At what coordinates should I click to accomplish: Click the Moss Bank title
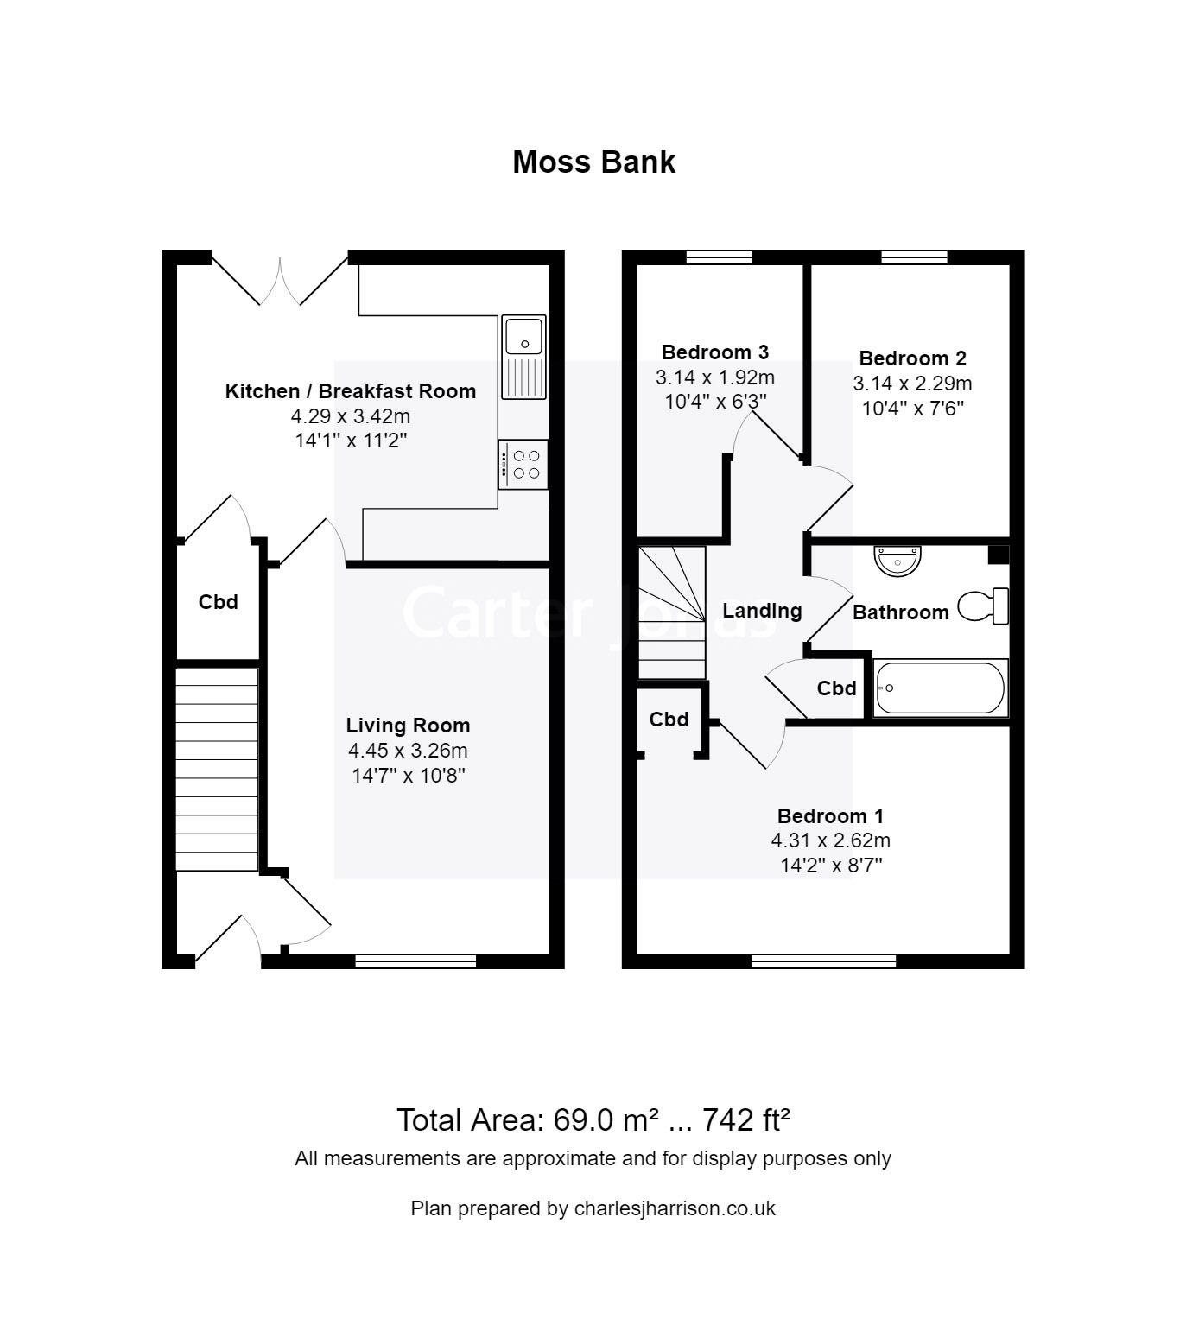click(593, 162)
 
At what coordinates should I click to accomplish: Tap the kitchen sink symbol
click(523, 356)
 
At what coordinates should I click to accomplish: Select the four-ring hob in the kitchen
click(523, 464)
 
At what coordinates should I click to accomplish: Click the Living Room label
click(408, 726)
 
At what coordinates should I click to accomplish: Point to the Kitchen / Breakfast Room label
click(350, 391)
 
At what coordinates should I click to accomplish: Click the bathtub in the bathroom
click(940, 688)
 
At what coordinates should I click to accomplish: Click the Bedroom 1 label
click(830, 815)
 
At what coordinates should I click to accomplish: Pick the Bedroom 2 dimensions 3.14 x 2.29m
click(912, 383)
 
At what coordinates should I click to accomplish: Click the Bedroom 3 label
click(714, 352)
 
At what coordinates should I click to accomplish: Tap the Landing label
click(762, 611)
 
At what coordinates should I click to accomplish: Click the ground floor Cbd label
click(218, 602)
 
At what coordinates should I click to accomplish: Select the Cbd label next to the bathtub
click(836, 688)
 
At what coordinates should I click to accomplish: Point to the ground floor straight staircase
click(217, 768)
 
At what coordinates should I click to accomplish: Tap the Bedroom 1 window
click(823, 961)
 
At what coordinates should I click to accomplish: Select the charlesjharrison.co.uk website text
click(674, 1208)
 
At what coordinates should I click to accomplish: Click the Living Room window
click(415, 961)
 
